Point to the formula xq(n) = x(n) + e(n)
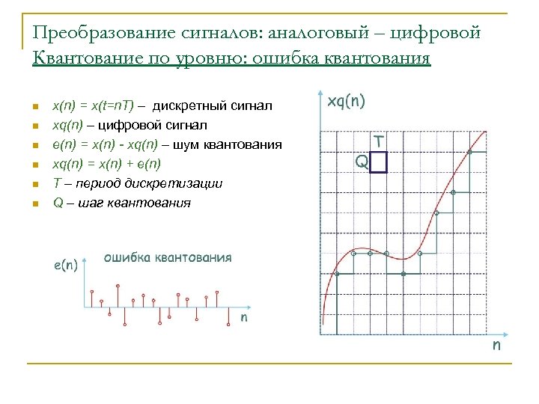click(106, 164)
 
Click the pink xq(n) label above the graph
click(344, 101)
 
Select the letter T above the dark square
click(380, 140)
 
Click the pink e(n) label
click(67, 264)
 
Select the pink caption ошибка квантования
click(168, 257)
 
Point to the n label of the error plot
click(244, 317)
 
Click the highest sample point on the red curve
click(469, 152)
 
